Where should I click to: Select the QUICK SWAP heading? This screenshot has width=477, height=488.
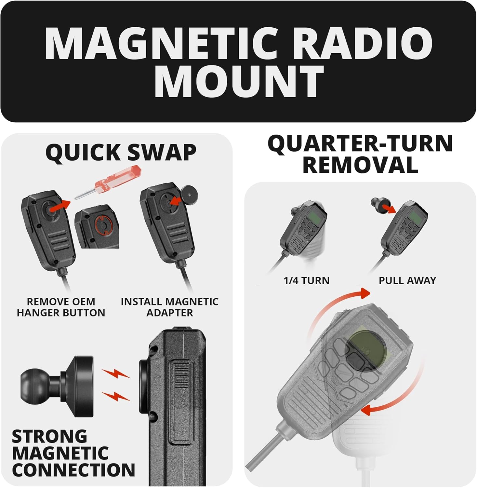[x=121, y=152]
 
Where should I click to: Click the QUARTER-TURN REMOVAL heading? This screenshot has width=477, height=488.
[x=360, y=154]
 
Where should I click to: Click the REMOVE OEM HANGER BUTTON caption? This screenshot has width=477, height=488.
[x=61, y=307]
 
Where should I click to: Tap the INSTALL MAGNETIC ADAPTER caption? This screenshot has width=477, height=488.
[x=169, y=307]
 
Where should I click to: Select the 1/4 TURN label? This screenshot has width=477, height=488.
[x=306, y=280]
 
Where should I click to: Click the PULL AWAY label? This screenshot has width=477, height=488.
[x=407, y=280]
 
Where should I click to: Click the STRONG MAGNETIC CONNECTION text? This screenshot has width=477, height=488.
[x=73, y=453]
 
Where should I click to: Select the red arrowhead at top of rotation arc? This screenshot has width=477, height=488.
[x=365, y=293]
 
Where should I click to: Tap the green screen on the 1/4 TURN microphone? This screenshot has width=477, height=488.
[x=314, y=216]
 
